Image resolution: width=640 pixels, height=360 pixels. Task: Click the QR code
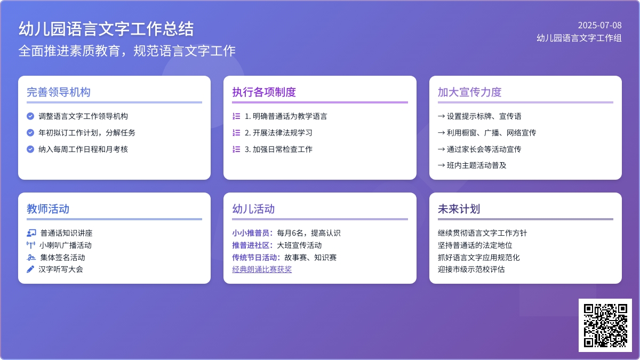tap(605, 325)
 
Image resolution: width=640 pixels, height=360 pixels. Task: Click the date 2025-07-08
tap(599, 26)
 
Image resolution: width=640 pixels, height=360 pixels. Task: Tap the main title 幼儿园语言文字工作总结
tap(106, 29)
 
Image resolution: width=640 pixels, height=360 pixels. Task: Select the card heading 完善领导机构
tap(59, 92)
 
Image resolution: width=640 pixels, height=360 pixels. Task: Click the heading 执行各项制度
tap(264, 92)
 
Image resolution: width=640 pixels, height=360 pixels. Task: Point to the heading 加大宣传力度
tap(470, 92)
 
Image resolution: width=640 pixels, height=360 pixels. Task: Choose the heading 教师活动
tap(48, 209)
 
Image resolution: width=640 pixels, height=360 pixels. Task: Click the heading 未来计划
tap(459, 209)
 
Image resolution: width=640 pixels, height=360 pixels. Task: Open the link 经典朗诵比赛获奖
tap(262, 269)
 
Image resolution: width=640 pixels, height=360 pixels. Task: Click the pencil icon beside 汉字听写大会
tap(30, 269)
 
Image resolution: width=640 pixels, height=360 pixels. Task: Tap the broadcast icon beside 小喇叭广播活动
tap(31, 245)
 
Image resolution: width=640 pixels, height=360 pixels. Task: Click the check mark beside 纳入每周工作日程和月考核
tap(30, 149)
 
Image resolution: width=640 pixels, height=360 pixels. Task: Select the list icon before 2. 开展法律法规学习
tap(236, 133)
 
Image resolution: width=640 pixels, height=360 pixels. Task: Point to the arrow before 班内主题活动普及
tap(441, 165)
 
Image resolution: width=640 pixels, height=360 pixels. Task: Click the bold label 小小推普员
tap(251, 233)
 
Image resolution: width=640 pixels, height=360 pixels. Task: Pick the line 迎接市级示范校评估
tap(471, 269)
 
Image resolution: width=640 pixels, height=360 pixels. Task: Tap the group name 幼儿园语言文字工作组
tap(579, 38)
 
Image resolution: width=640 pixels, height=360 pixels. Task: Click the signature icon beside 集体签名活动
tap(31, 258)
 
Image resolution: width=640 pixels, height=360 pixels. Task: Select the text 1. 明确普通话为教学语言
tap(286, 116)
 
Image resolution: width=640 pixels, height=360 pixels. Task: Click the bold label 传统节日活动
tap(254, 258)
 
